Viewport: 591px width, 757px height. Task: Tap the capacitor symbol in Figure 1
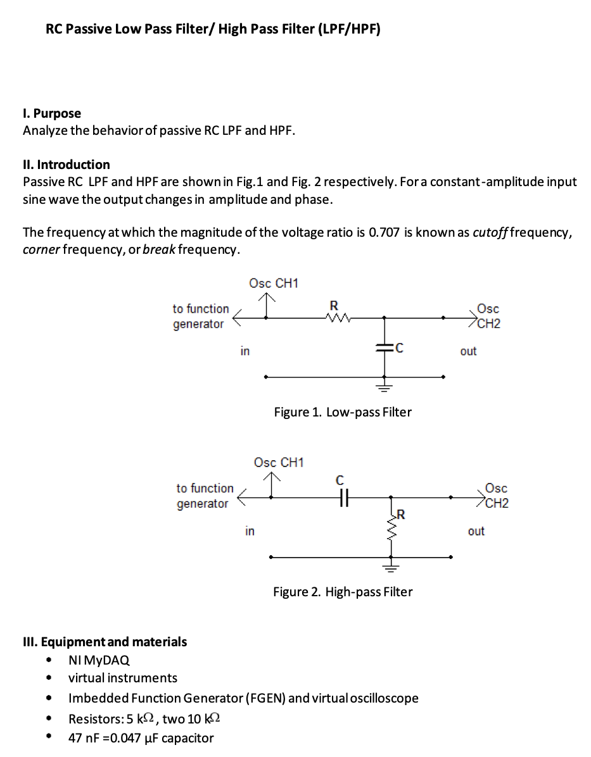coord(384,347)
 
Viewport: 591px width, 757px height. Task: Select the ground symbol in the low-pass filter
coord(384,385)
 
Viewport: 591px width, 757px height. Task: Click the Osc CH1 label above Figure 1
coord(273,283)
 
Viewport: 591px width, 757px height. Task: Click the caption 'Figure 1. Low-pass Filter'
coord(343,412)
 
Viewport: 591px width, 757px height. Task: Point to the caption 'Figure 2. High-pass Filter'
coord(343,592)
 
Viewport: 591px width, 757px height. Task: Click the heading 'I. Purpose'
coord(52,113)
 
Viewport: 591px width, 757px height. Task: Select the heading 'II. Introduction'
coord(67,165)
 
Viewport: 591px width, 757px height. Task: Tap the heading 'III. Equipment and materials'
coord(105,642)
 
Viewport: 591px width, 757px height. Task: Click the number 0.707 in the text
coord(383,232)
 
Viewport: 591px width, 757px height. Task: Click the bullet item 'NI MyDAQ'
coord(99,660)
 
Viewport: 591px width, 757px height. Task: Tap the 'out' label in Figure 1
coord(468,351)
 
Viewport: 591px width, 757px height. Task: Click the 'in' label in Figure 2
coord(250,531)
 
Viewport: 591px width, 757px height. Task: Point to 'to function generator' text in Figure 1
coord(200,316)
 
